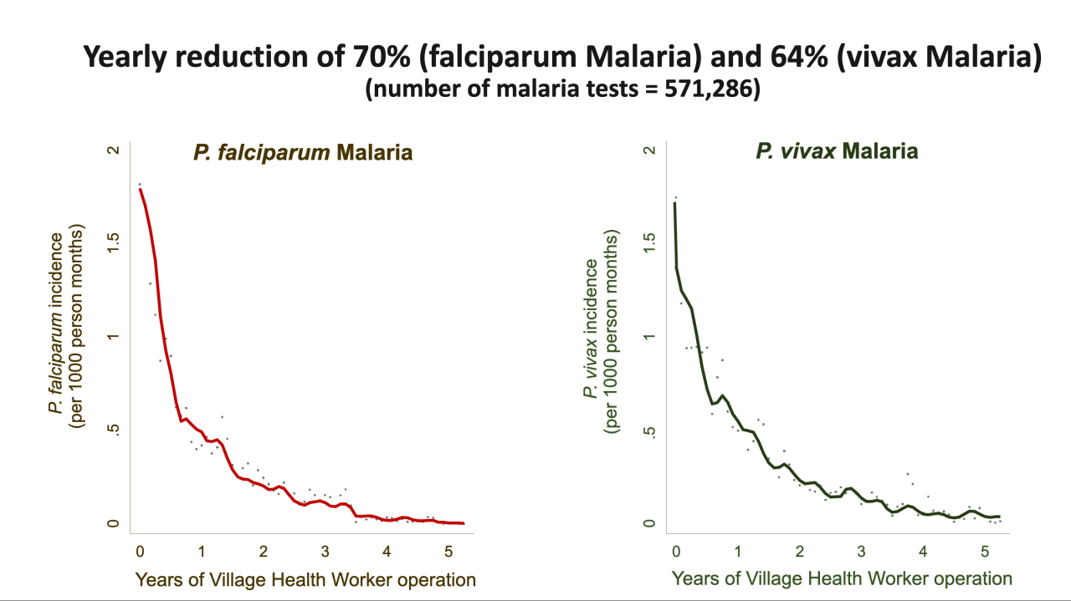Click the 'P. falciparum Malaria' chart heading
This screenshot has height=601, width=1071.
303,153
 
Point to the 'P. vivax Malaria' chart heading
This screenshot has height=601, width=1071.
837,151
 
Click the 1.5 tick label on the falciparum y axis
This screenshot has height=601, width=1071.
113,243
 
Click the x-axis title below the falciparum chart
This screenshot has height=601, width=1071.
305,579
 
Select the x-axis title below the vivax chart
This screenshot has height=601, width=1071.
842,578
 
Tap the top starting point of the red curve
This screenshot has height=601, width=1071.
140,190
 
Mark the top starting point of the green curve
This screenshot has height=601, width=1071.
674,202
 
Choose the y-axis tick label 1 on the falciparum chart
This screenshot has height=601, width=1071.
113,337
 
